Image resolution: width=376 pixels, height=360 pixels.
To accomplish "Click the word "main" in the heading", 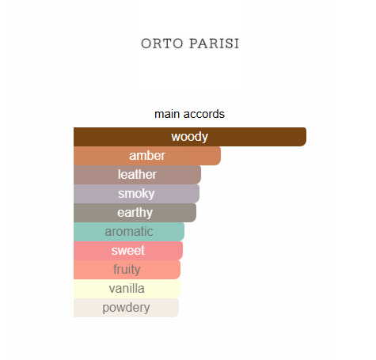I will (168, 114).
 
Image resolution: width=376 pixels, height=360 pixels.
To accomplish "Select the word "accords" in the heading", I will (204, 114).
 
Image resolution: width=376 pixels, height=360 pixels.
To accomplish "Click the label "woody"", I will (189, 137).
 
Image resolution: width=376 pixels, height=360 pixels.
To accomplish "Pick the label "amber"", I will (146, 156).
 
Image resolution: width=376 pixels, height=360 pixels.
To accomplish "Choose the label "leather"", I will (137, 175).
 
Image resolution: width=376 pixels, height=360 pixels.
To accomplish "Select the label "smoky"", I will (136, 194).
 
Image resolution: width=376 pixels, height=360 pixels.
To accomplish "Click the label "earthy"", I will (135, 213).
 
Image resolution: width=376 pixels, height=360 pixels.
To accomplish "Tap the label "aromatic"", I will (129, 232).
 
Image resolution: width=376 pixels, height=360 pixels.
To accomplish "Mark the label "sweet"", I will (127, 251).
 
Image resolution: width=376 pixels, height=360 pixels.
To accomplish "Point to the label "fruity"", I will (127, 270).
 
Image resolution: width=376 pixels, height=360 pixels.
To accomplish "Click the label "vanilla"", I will (127, 289).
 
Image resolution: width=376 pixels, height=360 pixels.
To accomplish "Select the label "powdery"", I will (126, 308).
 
